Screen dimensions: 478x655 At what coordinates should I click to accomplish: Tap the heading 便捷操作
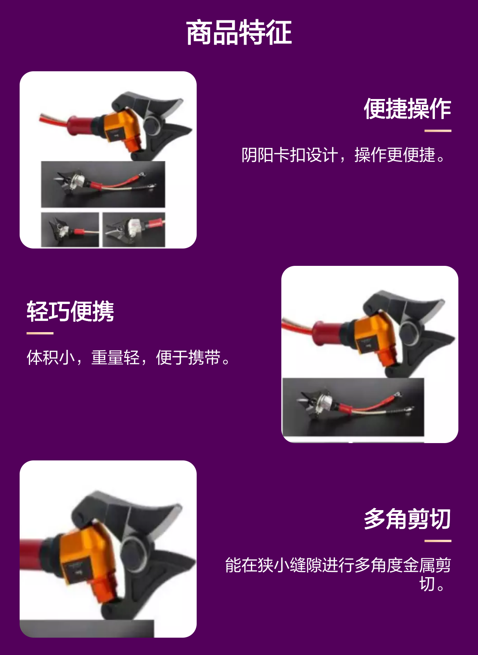tap(407, 109)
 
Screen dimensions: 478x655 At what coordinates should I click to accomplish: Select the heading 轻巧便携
tap(70, 311)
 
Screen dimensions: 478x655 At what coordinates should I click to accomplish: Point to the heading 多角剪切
tap(407, 519)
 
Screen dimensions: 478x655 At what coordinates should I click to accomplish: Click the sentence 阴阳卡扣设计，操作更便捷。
tap(344, 155)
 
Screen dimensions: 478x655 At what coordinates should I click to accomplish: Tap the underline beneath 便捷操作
tap(438, 131)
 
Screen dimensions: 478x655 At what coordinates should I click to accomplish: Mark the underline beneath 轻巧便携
tap(40, 333)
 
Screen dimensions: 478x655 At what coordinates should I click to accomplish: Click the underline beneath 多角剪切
tap(438, 541)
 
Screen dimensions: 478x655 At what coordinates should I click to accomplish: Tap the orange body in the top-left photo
tap(124, 129)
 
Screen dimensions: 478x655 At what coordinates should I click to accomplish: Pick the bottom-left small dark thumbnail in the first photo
tap(70, 230)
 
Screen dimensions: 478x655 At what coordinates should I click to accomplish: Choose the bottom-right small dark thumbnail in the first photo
tap(134, 230)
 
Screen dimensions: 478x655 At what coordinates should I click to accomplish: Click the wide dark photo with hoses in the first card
tap(103, 184)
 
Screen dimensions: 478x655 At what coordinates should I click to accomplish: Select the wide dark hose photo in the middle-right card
tap(353, 407)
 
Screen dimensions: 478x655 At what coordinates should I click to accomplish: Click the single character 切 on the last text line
tap(427, 584)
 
